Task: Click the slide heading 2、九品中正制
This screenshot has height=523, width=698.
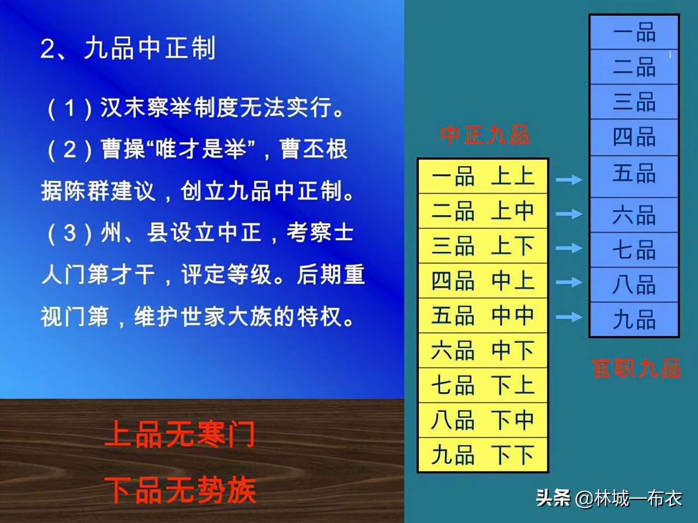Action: [128, 48]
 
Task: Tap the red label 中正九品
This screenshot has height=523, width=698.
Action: [485, 135]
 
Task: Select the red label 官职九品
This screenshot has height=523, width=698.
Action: [636, 368]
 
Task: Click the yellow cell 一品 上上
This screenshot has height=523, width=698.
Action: [483, 176]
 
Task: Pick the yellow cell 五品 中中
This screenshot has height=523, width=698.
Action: [483, 315]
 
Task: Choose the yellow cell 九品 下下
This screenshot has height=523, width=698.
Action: [483, 454]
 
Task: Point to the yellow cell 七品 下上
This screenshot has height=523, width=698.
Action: [483, 385]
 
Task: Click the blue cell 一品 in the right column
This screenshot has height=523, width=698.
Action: [634, 32]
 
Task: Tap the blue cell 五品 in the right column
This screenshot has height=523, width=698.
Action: [634, 176]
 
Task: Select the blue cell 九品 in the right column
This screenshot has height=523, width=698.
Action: [634, 319]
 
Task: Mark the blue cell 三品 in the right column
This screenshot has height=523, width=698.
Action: [634, 102]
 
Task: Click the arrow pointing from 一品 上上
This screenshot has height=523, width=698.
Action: [569, 179]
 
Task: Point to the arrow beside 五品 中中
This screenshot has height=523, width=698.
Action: [569, 317]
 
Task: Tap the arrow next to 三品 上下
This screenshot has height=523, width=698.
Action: [569, 248]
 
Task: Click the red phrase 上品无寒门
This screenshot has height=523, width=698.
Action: [179, 434]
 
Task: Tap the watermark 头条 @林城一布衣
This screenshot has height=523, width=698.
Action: [609, 497]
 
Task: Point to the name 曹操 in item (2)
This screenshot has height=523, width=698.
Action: [124, 149]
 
